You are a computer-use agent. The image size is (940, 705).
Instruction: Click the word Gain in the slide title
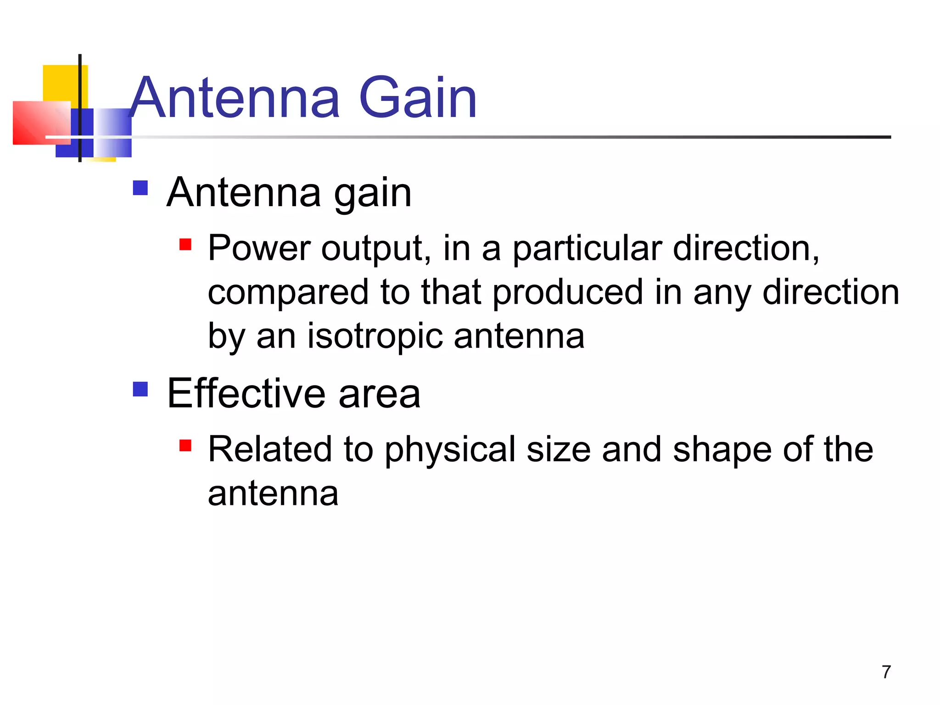[418, 98]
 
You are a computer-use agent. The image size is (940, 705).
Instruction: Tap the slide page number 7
[886, 672]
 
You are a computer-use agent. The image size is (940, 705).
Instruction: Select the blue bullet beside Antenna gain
[140, 188]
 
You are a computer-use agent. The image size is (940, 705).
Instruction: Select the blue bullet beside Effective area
[140, 389]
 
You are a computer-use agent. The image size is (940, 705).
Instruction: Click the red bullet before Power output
[185, 244]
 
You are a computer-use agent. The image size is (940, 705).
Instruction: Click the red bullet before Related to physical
[185, 445]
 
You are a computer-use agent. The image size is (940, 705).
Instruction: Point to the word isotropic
[375, 336]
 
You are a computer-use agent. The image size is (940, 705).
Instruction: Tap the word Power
[259, 248]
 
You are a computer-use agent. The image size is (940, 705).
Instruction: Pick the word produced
[568, 292]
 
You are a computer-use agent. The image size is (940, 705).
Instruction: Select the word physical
[450, 450]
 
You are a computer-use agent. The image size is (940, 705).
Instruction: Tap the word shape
[722, 450]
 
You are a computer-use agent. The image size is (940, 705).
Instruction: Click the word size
[559, 450]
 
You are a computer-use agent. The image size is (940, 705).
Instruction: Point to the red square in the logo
[41, 123]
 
